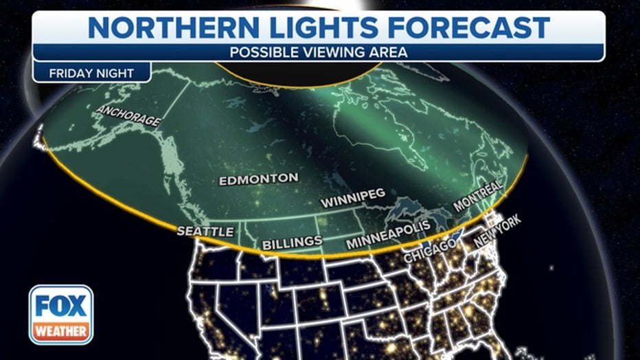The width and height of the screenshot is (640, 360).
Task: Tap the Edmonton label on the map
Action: coord(258,181)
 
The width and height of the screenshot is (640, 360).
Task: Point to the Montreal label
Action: coord(478,196)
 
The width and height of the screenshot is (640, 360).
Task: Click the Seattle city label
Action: coord(205,232)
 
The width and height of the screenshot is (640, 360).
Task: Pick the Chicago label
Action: coord(431,251)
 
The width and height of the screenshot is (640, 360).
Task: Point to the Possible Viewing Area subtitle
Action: coord(319,52)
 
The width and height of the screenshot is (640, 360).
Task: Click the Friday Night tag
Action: coord(91,72)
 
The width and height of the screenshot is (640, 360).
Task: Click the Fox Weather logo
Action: coord(61,315)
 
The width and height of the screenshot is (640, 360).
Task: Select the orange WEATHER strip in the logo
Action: coord(61,331)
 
